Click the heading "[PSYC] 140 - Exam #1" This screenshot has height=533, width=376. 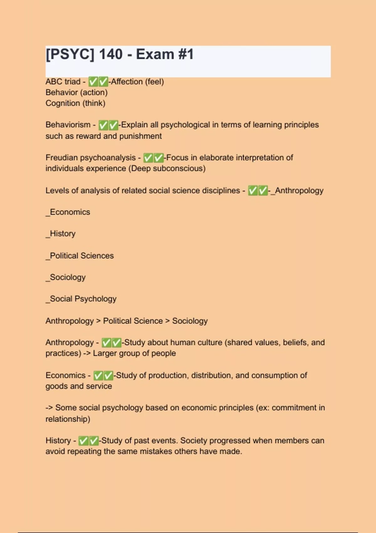tap(120, 54)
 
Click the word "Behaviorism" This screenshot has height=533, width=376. tap(68, 125)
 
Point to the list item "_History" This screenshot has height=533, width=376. tap(61, 234)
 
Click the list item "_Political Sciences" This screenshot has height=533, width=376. tap(80, 256)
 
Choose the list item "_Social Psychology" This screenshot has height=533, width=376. tap(81, 299)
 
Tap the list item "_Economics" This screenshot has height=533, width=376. tap(68, 212)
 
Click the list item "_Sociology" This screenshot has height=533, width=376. tap(66, 277)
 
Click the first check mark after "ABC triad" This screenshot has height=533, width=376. tap(93, 82)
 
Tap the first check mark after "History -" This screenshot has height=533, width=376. tap(83, 441)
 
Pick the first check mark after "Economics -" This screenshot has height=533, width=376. tap(98, 376)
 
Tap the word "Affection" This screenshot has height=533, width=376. tap(127, 82)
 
